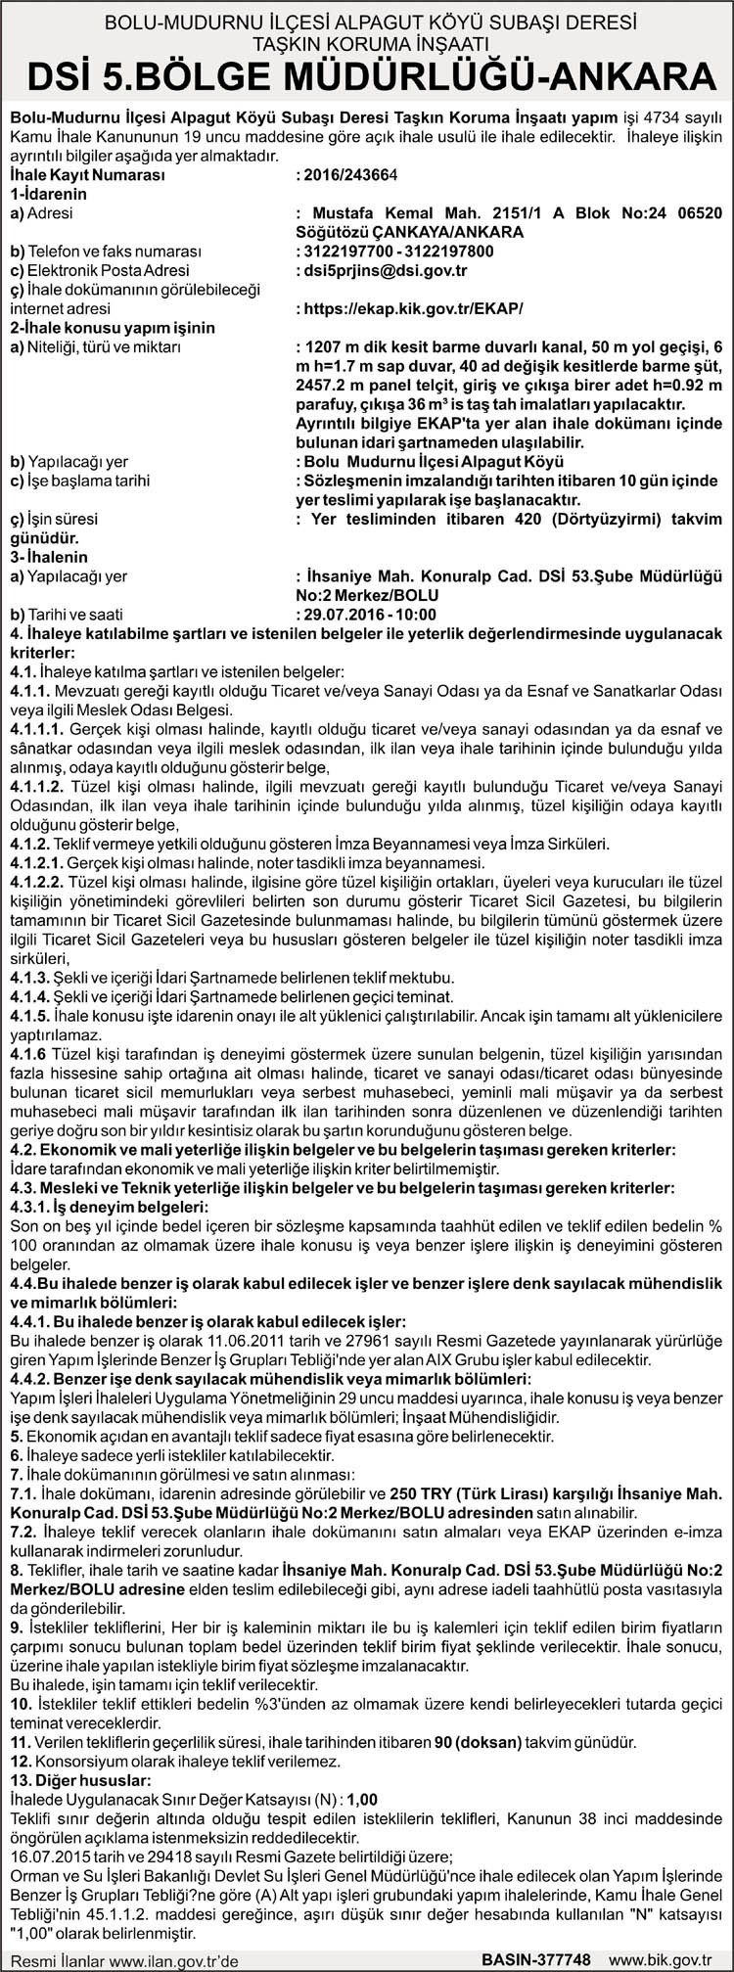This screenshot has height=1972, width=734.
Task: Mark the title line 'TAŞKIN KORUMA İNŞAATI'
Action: (x=367, y=44)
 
